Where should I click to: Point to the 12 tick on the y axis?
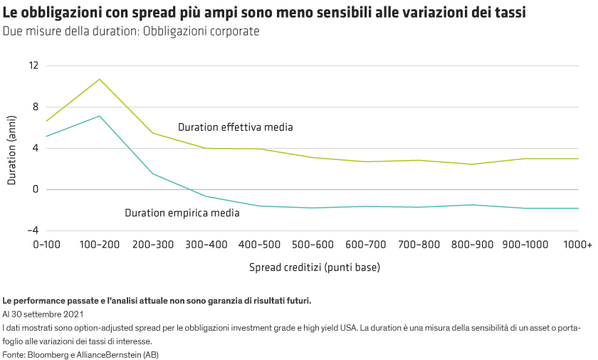click(x=33, y=65)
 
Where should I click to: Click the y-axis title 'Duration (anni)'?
click(x=12, y=152)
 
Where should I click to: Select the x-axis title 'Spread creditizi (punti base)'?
click(x=314, y=268)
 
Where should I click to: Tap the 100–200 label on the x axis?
click(x=100, y=245)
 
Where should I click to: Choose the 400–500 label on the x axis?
click(x=259, y=245)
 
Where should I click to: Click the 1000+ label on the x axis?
click(x=577, y=245)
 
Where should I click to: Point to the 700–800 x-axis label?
click(x=419, y=245)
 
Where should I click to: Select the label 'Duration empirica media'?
click(x=182, y=213)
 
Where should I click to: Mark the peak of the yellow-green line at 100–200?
click(x=100, y=79)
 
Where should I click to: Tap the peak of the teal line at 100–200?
click(x=100, y=116)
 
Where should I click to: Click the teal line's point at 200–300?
click(x=153, y=174)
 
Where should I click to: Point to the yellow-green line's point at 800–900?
click(x=471, y=164)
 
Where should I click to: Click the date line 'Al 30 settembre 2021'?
click(x=44, y=314)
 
